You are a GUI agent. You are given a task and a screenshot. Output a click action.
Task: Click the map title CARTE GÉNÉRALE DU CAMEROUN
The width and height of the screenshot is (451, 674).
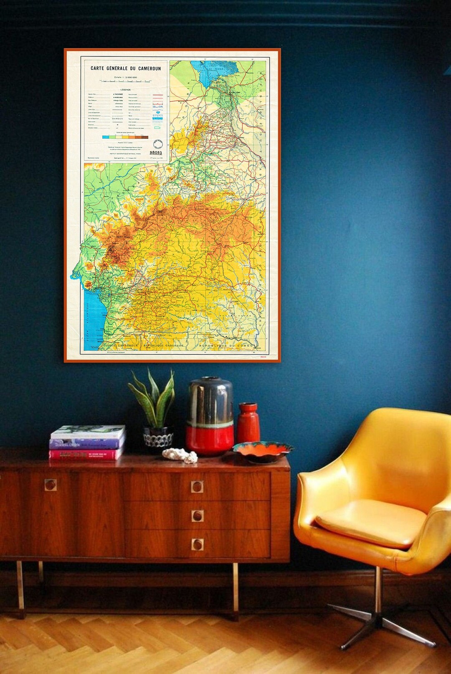click(126, 69)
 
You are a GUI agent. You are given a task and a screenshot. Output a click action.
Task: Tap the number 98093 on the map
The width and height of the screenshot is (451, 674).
click(156, 153)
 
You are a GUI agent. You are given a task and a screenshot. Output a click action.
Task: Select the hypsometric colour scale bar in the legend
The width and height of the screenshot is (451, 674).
click(125, 137)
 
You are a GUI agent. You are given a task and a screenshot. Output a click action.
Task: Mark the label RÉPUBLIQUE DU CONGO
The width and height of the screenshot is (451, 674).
click(226, 346)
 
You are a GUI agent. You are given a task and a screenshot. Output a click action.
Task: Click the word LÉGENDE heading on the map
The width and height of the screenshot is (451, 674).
click(125, 90)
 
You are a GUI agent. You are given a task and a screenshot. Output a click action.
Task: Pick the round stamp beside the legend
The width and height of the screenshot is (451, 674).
click(157, 144)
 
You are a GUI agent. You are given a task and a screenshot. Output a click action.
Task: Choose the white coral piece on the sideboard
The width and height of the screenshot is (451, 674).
click(180, 456)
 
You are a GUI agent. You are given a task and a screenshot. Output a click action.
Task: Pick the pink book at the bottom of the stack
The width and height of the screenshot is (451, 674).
click(86, 454)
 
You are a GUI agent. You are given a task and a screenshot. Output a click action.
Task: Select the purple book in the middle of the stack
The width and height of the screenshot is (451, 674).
click(87, 443)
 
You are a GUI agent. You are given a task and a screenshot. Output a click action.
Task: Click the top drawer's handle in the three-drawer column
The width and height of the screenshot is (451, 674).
click(197, 486)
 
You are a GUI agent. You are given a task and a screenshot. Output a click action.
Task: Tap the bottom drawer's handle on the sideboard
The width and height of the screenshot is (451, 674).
click(197, 544)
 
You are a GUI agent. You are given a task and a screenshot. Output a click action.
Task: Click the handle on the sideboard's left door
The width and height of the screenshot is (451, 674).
click(51, 485)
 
